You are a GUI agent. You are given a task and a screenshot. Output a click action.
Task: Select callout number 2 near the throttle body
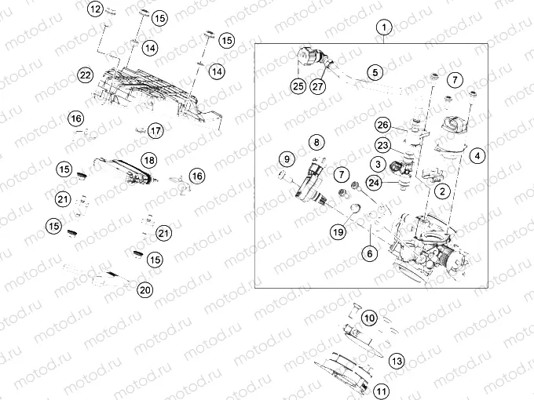[444, 191]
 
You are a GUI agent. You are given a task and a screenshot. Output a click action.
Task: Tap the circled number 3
[378, 164]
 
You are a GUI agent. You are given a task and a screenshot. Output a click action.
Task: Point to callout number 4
[477, 155]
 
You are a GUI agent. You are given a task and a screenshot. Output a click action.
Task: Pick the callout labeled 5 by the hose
[375, 72]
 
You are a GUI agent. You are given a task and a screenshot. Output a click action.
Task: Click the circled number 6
[368, 253]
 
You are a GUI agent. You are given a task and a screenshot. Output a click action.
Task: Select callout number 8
[315, 143]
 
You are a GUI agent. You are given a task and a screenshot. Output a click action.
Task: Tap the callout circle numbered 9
[285, 161]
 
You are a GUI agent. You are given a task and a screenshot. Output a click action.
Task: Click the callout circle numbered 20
[144, 290]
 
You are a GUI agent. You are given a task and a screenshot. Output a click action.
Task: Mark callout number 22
[86, 75]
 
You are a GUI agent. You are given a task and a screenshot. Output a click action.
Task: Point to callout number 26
[382, 125]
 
